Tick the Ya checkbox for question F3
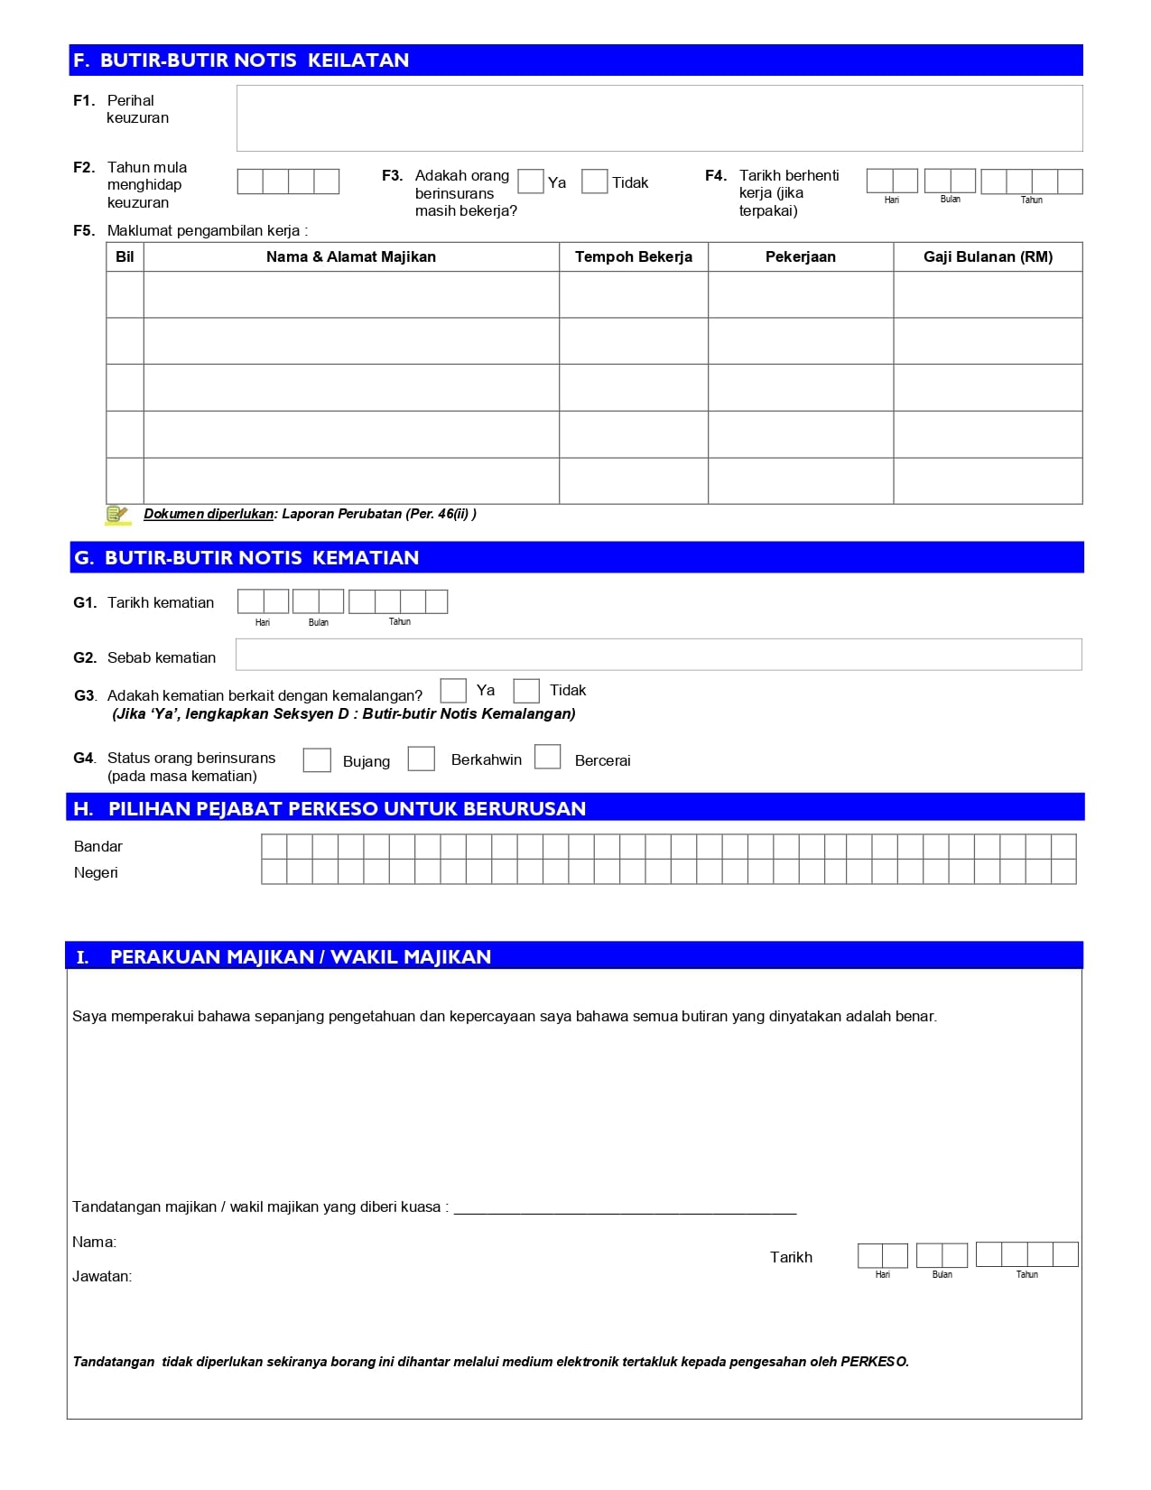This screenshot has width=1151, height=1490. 531,182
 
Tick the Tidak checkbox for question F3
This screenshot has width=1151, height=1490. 594,182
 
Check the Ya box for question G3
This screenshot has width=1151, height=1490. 453,691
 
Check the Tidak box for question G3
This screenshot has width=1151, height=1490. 526,691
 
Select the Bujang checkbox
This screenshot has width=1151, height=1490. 317,759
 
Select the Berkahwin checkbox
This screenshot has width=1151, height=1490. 422,759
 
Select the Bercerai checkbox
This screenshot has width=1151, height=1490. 548,757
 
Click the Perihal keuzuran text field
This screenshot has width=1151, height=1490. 659,118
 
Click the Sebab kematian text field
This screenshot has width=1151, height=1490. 658,655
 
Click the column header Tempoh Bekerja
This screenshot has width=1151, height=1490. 634,257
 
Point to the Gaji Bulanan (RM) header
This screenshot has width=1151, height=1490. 988,257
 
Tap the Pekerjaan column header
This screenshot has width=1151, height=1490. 801,257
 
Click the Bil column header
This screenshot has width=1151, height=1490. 125,257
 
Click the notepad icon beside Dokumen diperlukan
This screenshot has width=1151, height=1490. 117,515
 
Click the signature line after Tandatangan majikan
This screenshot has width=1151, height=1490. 625,1208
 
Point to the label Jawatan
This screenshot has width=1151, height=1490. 102,1277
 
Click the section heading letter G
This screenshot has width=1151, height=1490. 83,558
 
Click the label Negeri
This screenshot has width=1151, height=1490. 96,873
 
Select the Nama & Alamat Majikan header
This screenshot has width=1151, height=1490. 351,257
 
